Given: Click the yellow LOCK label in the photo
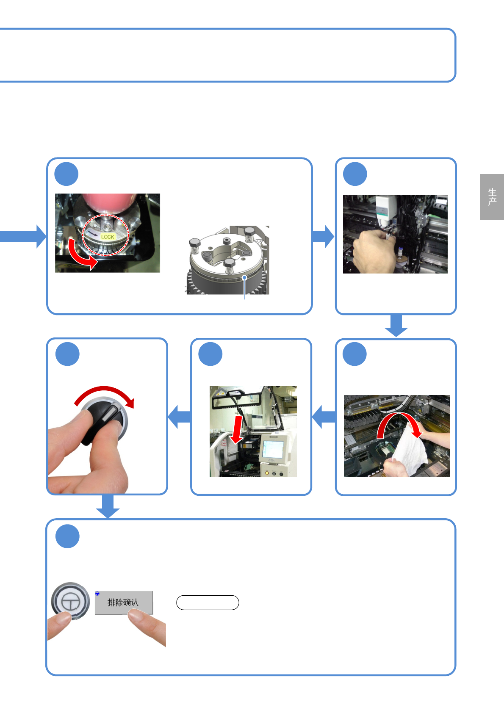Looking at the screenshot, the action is click(108, 237).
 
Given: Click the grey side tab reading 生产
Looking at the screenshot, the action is click(492, 197).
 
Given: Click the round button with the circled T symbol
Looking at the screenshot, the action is click(70, 601).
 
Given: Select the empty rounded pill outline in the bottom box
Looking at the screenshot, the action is click(208, 602).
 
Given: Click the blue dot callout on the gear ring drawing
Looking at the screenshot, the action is click(244, 277).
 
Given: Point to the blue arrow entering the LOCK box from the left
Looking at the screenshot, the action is click(23, 236).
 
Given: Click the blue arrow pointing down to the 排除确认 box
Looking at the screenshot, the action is click(108, 506).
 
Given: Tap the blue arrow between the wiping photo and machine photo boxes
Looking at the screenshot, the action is click(324, 417).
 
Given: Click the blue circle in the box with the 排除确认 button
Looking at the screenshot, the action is click(67, 536).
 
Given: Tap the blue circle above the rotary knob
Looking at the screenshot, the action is click(67, 354).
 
